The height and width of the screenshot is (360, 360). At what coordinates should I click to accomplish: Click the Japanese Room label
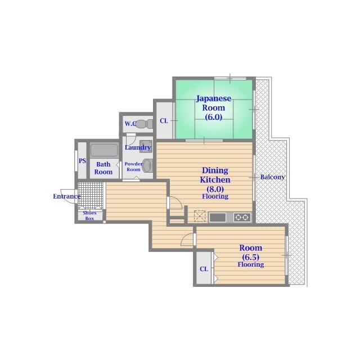[x=214, y=103]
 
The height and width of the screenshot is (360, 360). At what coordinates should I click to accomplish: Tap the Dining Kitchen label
[x=215, y=175]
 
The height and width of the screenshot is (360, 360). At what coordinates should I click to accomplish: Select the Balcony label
[x=272, y=177]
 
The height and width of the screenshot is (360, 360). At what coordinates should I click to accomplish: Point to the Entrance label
[x=66, y=196]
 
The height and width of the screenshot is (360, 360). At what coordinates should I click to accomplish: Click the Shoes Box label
[x=89, y=215]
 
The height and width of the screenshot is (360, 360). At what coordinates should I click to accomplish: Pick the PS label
[x=82, y=161]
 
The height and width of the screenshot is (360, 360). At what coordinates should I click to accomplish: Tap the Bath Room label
[x=103, y=168]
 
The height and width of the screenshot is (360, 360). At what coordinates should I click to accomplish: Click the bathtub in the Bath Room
[x=104, y=150]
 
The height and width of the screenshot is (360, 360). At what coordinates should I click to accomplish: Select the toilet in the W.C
[x=145, y=124]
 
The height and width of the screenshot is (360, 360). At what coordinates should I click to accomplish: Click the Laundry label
[x=138, y=147]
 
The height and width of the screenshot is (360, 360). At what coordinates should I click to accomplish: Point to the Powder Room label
[x=133, y=166]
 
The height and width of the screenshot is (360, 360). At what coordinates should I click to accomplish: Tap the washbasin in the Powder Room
[x=147, y=165]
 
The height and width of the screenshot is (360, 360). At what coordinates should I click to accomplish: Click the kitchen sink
[x=218, y=218]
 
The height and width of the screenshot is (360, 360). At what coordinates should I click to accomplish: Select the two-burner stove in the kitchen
[x=242, y=217]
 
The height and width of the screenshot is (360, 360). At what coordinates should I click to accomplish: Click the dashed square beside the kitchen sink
[x=200, y=216]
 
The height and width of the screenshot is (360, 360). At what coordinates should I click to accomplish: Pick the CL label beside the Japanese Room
[x=164, y=121]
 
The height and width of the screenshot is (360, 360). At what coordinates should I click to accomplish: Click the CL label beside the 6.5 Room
[x=204, y=269]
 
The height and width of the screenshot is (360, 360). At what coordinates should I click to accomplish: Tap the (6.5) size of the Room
[x=250, y=257]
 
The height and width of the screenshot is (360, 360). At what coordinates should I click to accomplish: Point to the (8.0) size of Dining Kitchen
[x=215, y=189]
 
